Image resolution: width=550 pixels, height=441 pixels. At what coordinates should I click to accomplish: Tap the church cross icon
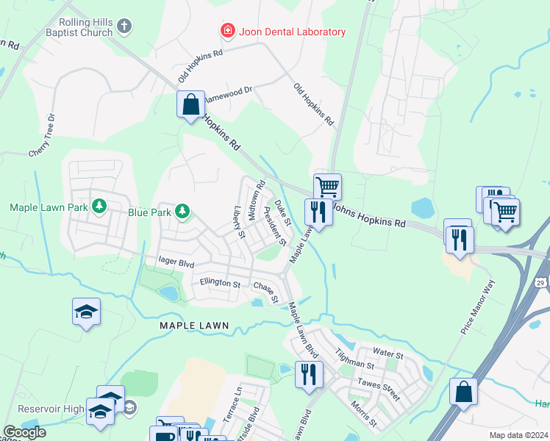click(x=124, y=27)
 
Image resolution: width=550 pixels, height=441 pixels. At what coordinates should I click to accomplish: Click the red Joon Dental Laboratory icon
click(x=228, y=31)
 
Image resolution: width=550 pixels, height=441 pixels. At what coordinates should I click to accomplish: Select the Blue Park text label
click(x=150, y=213)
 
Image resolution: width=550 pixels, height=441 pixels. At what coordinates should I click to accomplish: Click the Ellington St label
click(x=220, y=283)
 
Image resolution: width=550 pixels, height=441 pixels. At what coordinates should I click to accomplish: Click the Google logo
click(x=24, y=432)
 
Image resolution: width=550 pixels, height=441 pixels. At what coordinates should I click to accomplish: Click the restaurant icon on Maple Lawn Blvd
click(x=308, y=374)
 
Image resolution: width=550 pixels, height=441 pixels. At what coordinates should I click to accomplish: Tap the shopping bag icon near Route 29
click(x=465, y=391)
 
